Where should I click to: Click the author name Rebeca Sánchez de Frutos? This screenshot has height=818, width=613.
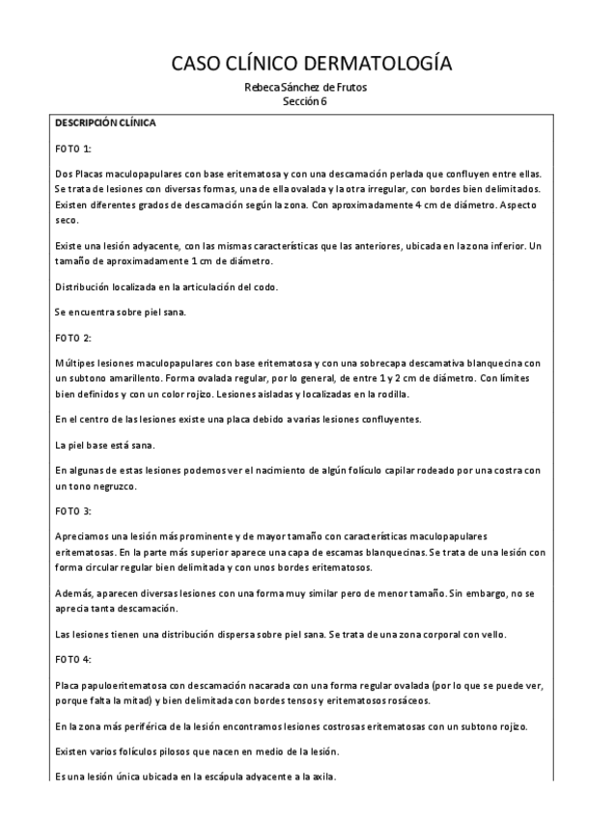pos(305,88)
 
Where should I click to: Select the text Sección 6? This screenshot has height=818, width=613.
pos(305,101)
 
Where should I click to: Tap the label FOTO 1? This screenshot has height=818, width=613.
pos(73,149)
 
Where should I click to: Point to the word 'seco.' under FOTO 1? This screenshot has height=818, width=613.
pos(67,220)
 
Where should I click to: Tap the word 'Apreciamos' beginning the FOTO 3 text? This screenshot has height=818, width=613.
pos(83,534)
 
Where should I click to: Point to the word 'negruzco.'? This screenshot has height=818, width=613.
pos(110,487)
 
